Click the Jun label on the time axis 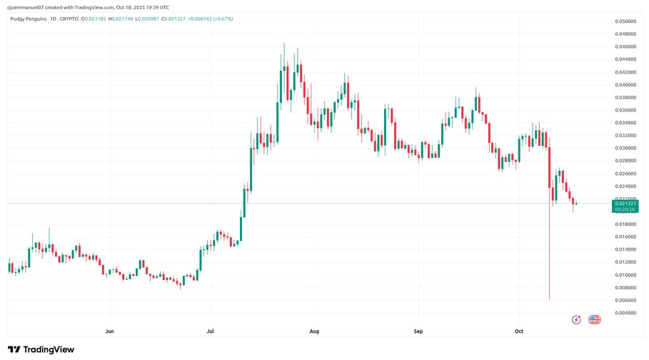(x=109, y=331)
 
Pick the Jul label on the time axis (x=210, y=331)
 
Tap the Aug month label (x=314, y=331)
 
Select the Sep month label (x=418, y=331)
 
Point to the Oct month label (x=519, y=331)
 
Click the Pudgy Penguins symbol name (x=28, y=19)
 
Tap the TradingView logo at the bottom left (x=41, y=349)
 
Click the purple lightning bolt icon (x=576, y=319)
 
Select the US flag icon (x=594, y=319)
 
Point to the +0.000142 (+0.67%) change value (x=212, y=19)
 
